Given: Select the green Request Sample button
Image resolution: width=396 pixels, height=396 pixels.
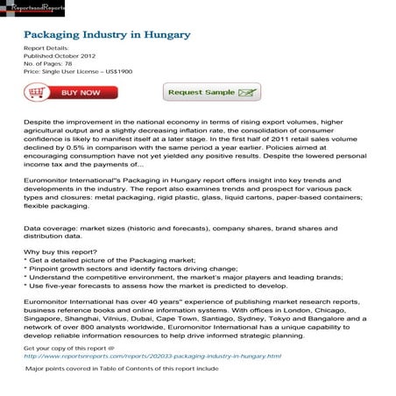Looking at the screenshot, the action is click(x=200, y=92).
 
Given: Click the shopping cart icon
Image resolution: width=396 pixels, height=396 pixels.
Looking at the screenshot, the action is click(x=36, y=92).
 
